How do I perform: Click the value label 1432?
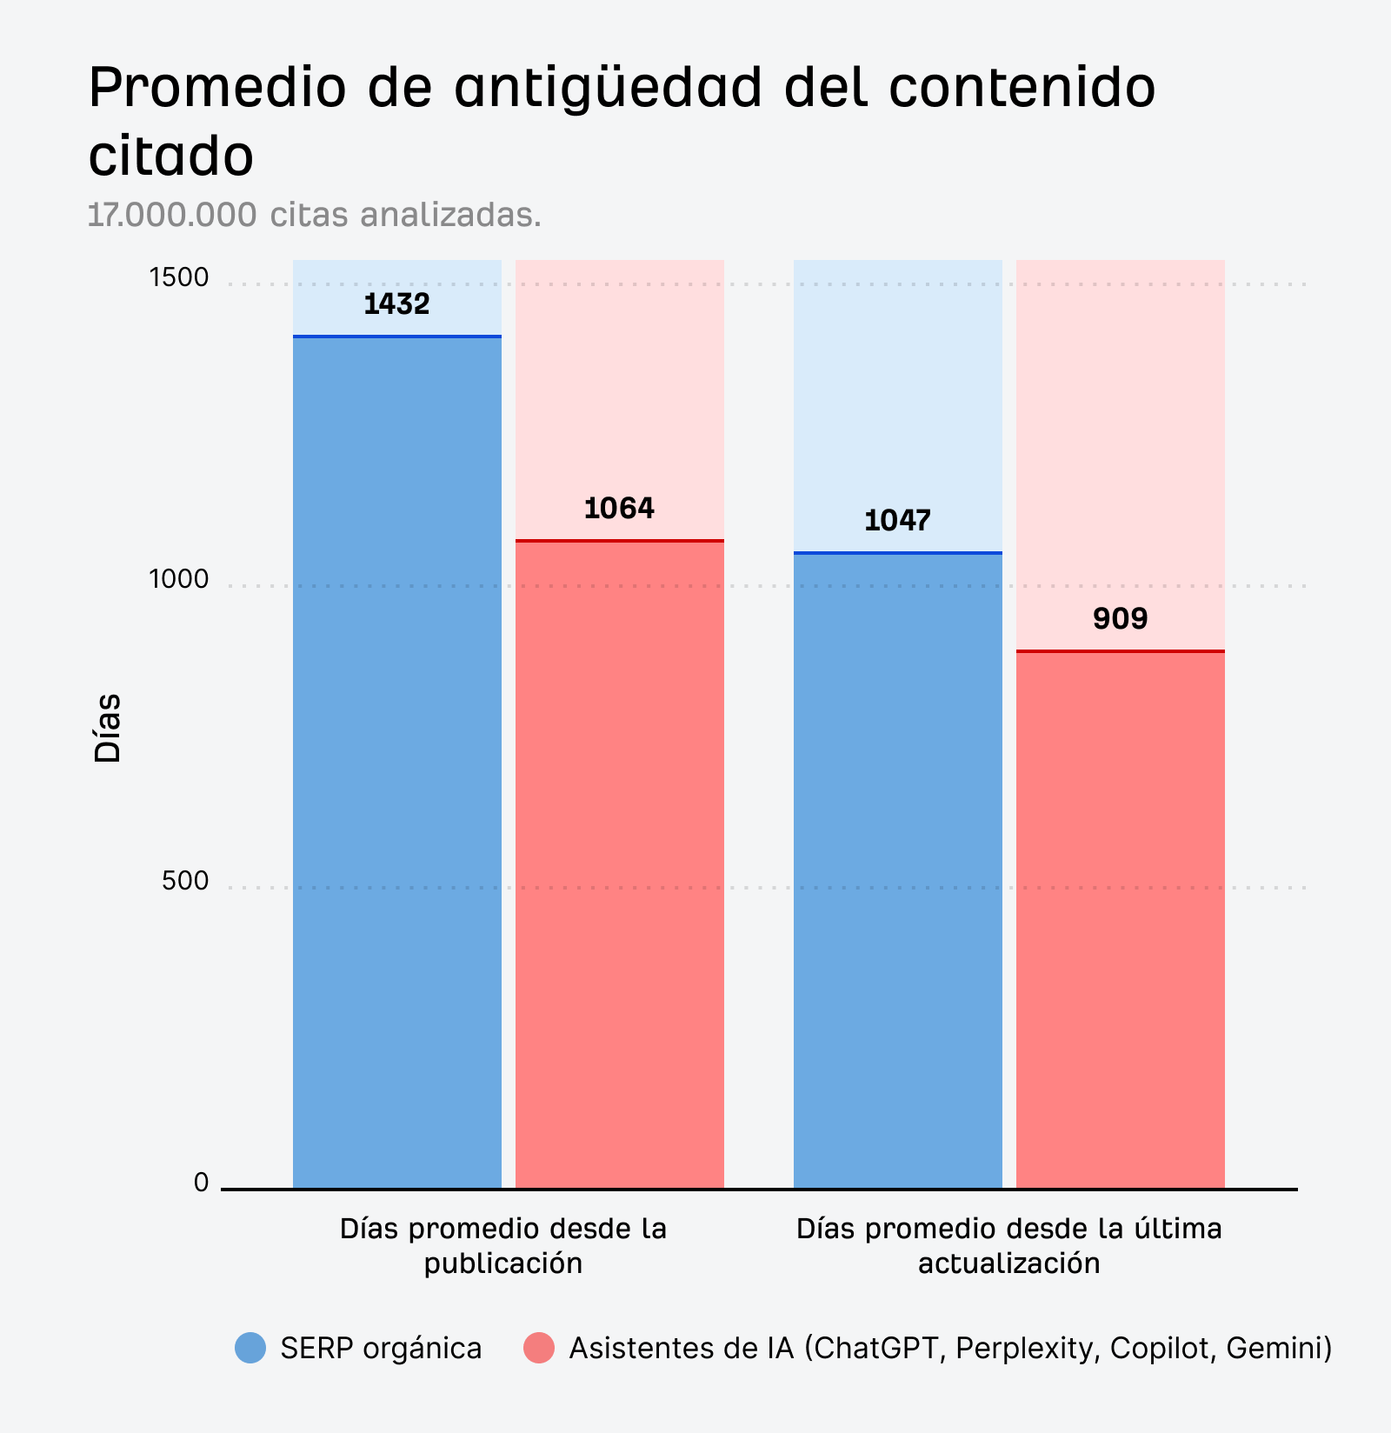coord(396,304)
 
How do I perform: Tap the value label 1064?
coord(619,509)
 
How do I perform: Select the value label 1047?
coord(897,521)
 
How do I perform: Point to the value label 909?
coord(1120,619)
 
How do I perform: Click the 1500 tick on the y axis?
coord(179,278)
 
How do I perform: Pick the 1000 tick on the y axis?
coord(179,580)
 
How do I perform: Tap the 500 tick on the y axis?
coord(185,882)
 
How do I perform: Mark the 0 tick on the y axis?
coord(202,1183)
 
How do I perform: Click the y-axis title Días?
coord(107,729)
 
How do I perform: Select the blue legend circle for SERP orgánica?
coord(250,1349)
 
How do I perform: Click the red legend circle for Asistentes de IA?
coord(539,1349)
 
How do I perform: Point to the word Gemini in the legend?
coord(1278,1349)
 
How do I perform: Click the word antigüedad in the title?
coord(609,88)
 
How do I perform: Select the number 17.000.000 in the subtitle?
coord(172,215)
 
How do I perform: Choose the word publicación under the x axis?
coord(502,1263)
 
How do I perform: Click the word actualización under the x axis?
coord(1008,1263)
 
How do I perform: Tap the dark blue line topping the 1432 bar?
coord(396,336)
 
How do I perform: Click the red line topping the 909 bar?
coord(1120,650)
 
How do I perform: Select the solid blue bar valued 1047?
coord(897,870)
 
